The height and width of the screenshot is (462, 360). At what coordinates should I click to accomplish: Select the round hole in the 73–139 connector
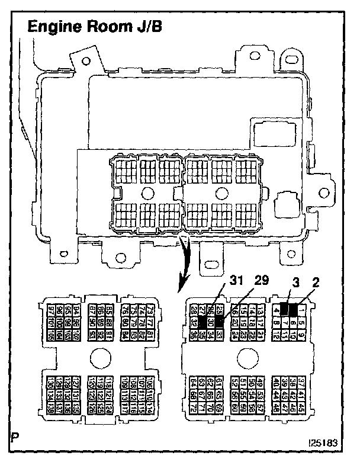[101, 357]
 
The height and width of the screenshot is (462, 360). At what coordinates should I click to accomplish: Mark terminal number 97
[51, 311]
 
